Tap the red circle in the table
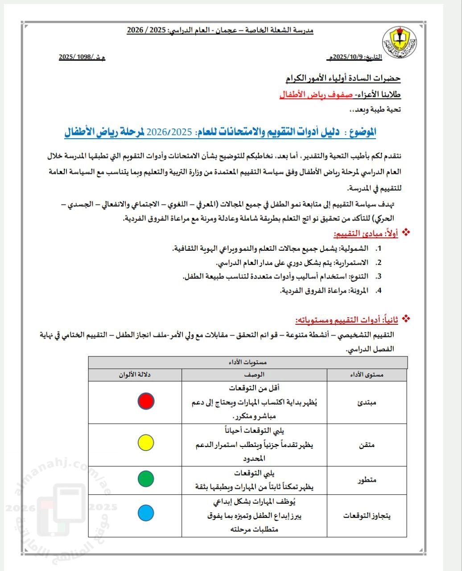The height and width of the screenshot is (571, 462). pyautogui.click(x=146, y=401)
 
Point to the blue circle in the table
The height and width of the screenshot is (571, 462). pyautogui.click(x=146, y=513)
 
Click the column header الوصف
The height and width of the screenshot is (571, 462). pyautogui.click(x=254, y=375)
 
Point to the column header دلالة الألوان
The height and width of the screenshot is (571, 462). pyautogui.click(x=135, y=375)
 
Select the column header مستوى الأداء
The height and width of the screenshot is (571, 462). pyautogui.click(x=367, y=375)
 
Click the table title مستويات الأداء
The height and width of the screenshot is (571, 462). pyautogui.click(x=248, y=362)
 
